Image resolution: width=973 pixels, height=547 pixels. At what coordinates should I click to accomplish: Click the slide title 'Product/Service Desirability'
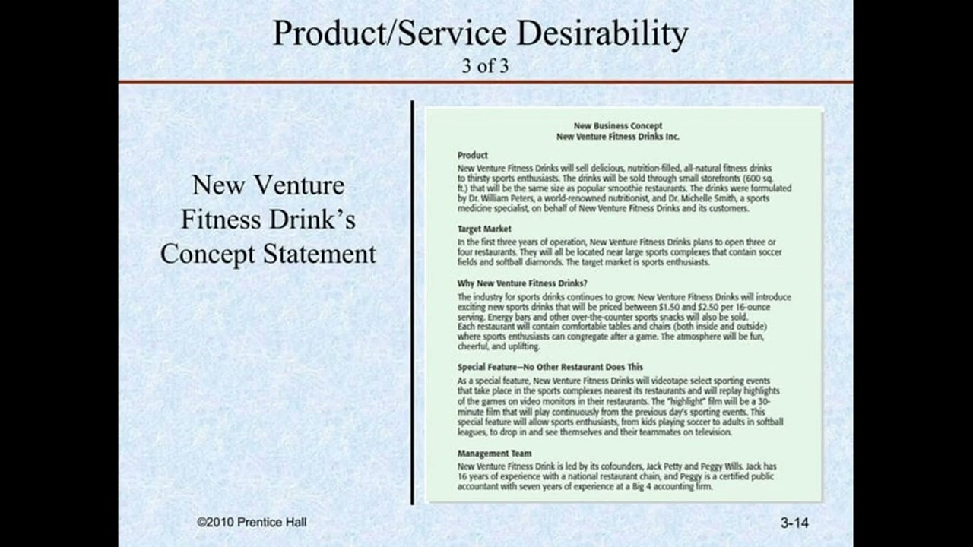480,34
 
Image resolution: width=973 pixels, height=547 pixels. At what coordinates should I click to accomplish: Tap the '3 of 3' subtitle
485,65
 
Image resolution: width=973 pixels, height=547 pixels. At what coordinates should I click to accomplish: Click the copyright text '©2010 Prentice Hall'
252,522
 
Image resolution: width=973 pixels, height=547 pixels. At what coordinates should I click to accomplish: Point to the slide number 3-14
794,523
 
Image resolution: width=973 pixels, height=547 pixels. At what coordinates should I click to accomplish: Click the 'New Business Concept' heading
617,126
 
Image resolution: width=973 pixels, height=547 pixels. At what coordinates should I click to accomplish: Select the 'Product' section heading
472,155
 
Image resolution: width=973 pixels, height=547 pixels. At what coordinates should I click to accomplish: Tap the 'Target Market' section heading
484,229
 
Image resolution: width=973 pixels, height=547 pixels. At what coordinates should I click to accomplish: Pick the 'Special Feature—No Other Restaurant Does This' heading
550,367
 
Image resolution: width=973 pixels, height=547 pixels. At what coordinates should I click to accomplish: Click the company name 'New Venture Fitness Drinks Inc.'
617,137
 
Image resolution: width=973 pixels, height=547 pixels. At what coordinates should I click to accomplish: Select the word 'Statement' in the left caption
320,254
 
